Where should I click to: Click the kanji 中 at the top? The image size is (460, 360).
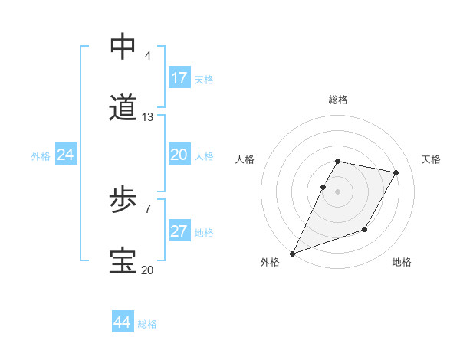123,47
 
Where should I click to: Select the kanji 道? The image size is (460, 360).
123,108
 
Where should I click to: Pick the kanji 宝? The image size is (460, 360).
123,261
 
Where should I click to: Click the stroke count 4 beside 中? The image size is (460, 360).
147,56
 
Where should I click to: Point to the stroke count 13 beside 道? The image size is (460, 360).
148,117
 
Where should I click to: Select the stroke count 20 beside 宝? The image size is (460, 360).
148,270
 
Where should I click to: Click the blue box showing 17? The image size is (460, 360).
179,78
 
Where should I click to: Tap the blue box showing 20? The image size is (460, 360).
179,155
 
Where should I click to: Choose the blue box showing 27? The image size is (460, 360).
179,231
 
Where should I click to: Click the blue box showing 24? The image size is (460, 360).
66,155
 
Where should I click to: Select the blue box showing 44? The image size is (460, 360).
123,323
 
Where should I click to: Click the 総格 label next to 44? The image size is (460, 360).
147,324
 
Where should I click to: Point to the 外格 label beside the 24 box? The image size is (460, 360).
41,156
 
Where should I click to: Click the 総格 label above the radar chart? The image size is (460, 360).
338,100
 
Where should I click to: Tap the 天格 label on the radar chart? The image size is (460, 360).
432,159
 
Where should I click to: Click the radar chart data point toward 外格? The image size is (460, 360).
293,253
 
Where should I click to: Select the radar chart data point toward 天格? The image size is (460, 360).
396,173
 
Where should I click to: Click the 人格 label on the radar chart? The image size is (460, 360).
245,159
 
